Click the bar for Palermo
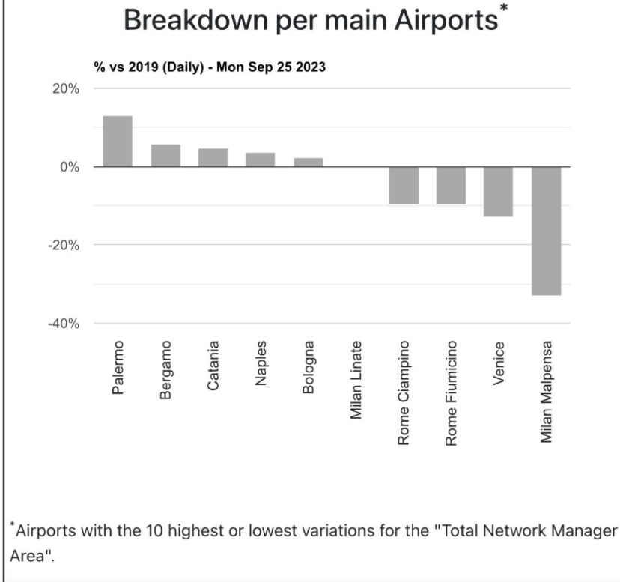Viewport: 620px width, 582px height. tap(117, 142)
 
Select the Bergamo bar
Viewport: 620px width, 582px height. tap(165, 155)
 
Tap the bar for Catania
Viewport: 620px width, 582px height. tap(213, 157)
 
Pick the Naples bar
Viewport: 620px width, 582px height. tap(260, 160)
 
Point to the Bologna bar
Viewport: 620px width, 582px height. tap(308, 162)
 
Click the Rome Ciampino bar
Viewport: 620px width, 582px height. tap(404, 185)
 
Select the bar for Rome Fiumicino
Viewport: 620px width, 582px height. tap(451, 185)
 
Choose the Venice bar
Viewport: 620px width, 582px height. tap(498, 192)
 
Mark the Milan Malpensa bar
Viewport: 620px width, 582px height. tap(546, 231)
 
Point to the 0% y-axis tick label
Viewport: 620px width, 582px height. tap(70, 167)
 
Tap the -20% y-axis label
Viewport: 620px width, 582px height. tap(64, 245)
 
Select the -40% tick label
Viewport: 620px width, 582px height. tap(64, 324)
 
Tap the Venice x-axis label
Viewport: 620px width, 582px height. tap(499, 365)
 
